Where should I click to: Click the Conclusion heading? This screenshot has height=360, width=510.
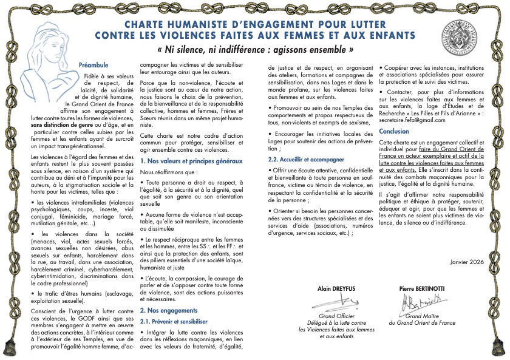tap(393, 131)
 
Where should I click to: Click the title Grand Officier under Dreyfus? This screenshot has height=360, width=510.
tap(338, 316)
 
